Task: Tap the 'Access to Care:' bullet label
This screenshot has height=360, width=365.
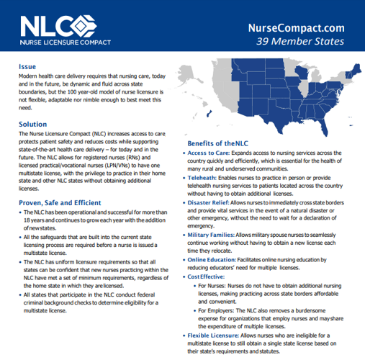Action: pos(210,153)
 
